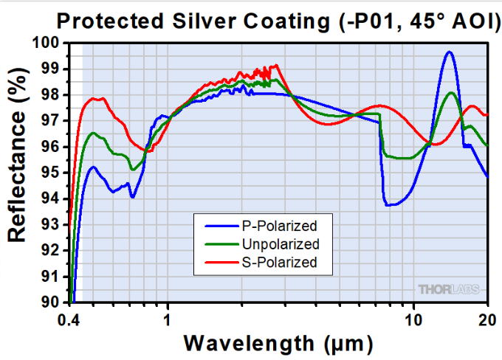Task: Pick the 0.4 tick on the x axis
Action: (x=68, y=320)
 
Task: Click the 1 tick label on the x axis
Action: (x=168, y=320)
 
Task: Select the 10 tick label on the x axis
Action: (x=413, y=320)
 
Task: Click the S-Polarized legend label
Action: (x=281, y=263)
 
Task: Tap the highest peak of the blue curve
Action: (x=448, y=52)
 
